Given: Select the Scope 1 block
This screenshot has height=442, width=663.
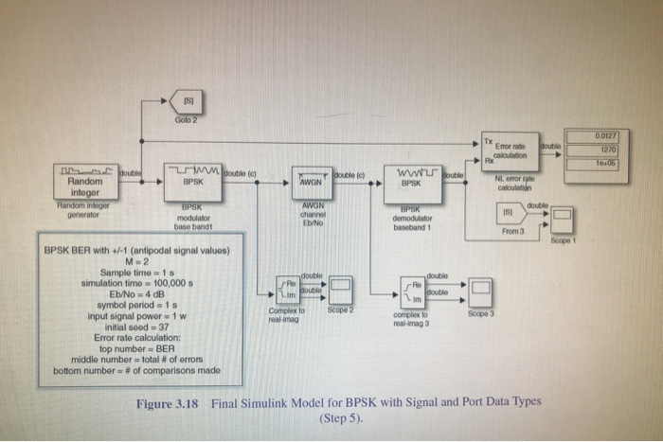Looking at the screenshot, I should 562,221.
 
